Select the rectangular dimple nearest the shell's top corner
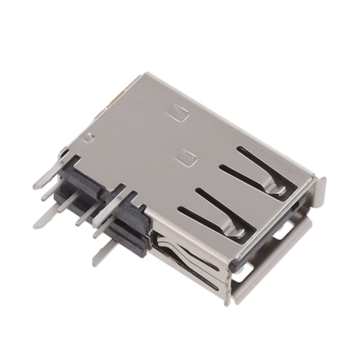click(179, 114)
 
